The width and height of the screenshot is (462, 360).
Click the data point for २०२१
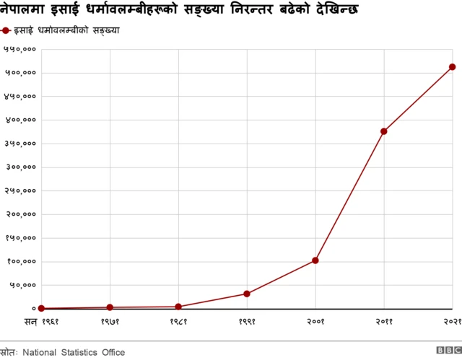tap(452, 67)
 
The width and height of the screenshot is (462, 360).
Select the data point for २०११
tap(383, 131)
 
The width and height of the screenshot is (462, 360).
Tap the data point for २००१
tap(315, 260)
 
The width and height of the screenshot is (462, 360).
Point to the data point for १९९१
tap(247, 294)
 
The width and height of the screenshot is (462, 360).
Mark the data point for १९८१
tap(178, 307)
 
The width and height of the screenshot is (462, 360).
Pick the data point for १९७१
tap(110, 307)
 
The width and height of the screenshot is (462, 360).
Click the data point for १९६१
tap(41, 309)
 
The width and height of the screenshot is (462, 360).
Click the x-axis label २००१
tap(315, 320)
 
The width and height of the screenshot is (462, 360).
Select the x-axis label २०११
tap(383, 320)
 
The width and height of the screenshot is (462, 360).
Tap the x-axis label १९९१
tap(247, 320)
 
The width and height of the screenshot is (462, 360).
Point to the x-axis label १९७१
tap(110, 320)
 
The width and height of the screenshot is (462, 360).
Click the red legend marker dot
tap(6, 30)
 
